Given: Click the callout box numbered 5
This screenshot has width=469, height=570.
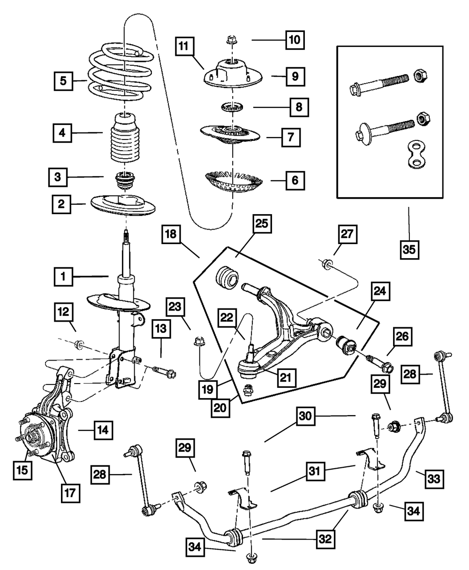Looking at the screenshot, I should (63, 80).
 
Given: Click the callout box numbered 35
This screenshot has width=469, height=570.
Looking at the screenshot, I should (408, 249).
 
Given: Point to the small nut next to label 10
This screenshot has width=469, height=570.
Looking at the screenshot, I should (230, 40).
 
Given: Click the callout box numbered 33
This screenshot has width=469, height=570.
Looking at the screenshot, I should (434, 479).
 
